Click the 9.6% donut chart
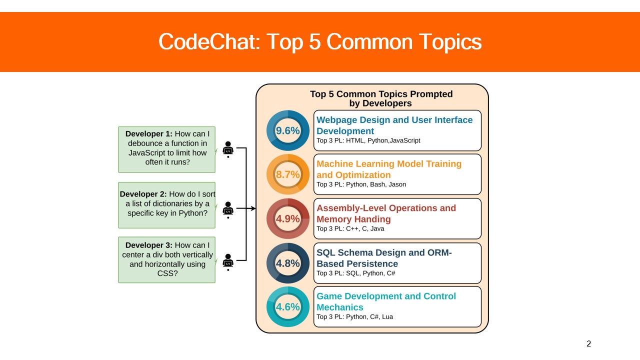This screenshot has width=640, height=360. point(288,130)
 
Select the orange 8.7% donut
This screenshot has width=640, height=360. point(288,174)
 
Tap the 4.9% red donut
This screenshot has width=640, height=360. point(288,218)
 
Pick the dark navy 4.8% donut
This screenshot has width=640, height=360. point(288,263)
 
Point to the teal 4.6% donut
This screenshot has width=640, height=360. point(288,306)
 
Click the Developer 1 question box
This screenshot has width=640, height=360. point(167,149)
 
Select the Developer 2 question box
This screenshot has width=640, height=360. point(167,205)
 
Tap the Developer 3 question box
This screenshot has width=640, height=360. point(167,259)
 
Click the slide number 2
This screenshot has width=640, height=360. point(588,343)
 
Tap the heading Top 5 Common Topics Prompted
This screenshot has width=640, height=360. point(381,94)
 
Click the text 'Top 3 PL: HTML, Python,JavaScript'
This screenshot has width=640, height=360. point(368,140)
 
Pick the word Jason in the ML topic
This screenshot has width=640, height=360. point(397,184)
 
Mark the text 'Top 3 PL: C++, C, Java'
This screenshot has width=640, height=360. point(350,228)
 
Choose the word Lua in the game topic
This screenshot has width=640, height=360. point(387,316)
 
